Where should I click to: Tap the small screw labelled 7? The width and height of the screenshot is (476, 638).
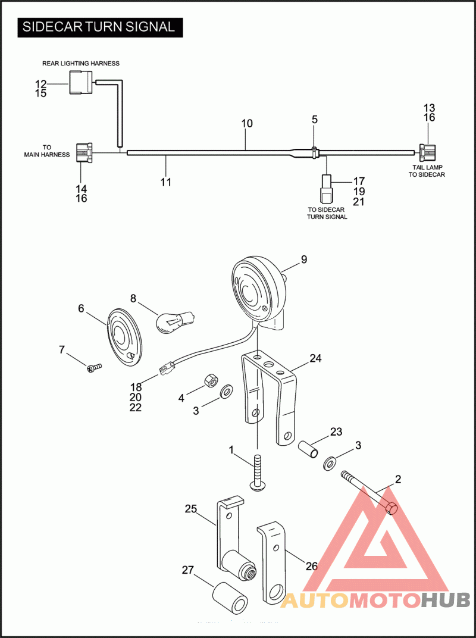[94, 368]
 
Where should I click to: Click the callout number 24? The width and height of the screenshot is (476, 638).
[315, 358]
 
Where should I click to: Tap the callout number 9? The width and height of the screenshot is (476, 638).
[304, 259]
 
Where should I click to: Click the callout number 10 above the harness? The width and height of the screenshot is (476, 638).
[247, 123]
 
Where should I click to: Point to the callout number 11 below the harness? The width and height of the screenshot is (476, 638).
[166, 182]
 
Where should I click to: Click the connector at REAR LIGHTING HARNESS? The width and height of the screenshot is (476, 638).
[82, 82]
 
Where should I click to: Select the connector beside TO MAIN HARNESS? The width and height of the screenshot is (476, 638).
[83, 153]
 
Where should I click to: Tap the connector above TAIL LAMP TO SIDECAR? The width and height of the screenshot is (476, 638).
[426, 153]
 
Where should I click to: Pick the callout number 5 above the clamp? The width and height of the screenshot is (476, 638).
[315, 119]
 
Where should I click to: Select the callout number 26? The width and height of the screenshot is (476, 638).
[312, 566]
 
